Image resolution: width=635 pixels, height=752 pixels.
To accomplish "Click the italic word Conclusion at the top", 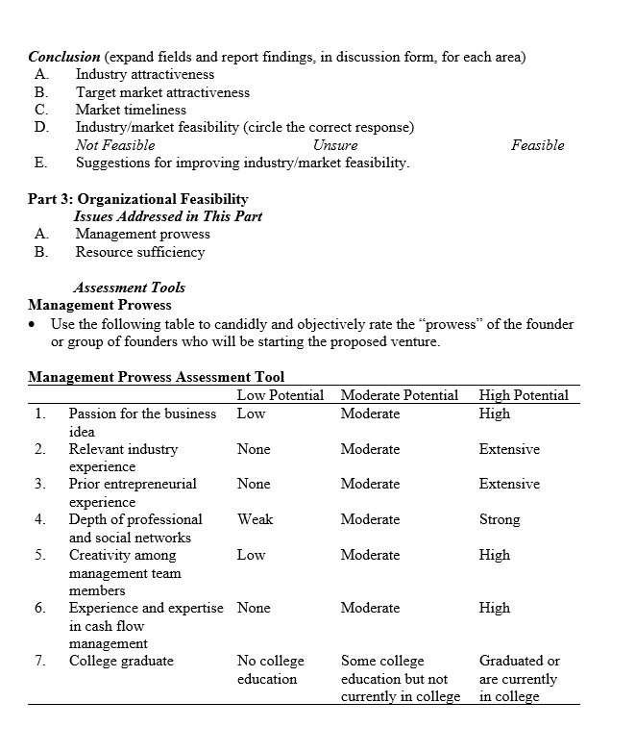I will tap(63, 57).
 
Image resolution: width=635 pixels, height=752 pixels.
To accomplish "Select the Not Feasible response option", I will tap(114, 145).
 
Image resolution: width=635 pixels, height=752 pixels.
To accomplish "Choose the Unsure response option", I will tap(335, 145).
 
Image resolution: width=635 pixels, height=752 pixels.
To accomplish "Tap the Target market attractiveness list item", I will tap(162, 92).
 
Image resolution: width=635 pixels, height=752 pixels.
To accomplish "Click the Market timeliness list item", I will tap(131, 110).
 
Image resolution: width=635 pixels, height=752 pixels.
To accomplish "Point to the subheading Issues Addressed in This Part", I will tap(167, 216).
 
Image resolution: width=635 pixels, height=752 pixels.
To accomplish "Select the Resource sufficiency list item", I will tap(140, 252).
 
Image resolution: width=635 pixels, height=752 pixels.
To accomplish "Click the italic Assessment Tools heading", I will tap(129, 288).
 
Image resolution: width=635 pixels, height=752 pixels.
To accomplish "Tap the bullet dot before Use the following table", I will tap(35, 324).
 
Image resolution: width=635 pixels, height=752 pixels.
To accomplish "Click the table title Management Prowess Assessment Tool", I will tap(156, 377).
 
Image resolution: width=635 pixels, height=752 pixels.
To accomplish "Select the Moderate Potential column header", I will tap(399, 395).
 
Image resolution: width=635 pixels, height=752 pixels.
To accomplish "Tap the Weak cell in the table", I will tap(255, 519).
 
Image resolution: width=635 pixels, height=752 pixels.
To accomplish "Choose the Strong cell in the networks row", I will tap(500, 519).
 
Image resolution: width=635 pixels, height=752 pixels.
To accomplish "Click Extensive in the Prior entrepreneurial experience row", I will tap(509, 484).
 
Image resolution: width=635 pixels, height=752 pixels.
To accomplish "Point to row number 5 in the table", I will tap(39, 555).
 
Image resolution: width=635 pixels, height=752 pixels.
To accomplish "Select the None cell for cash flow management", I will tap(254, 608).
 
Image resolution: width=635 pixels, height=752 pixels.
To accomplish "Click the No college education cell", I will tap(270, 669).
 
